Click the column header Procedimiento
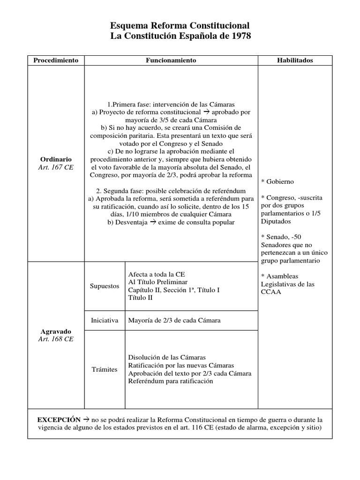point(56,60)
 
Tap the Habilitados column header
point(295,60)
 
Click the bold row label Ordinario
point(56,159)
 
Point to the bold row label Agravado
point(56,330)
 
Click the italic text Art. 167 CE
point(56,167)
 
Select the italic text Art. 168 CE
point(56,339)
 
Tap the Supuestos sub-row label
point(104,286)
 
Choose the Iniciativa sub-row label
point(104,321)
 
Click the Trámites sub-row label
point(104,369)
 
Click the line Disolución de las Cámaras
point(166,357)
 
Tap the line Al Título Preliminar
point(157,282)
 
